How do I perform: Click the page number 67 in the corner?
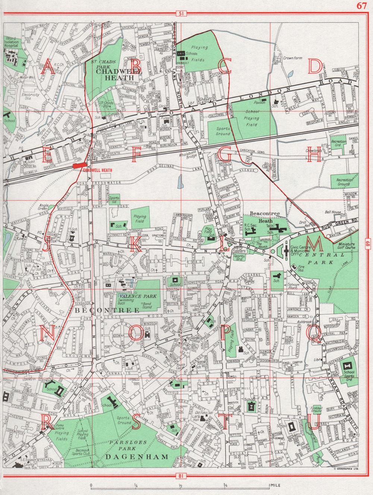pyautogui.click(x=361, y=5)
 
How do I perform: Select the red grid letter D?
pyautogui.click(x=314, y=67)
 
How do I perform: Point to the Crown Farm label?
pyautogui.click(x=292, y=58)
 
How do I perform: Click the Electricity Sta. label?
pyautogui.click(x=31, y=97)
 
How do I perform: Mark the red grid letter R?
pyautogui.click(x=47, y=422)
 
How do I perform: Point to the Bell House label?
pyautogui.click(x=333, y=212)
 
